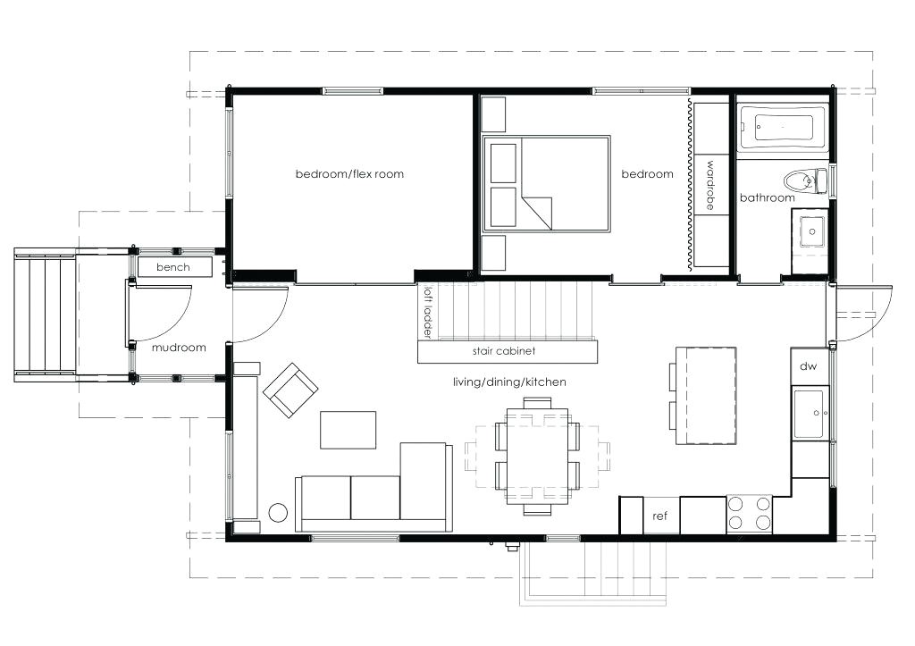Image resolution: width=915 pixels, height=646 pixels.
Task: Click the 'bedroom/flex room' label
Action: [x=349, y=173]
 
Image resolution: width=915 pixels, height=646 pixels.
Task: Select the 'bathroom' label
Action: [x=767, y=197]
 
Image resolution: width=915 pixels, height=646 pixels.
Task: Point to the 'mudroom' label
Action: [x=179, y=348]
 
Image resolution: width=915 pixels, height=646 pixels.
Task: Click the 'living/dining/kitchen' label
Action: [x=509, y=382]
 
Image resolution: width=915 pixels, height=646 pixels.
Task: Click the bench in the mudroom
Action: [x=174, y=267]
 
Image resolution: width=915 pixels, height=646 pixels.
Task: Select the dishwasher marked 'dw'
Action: [x=808, y=366]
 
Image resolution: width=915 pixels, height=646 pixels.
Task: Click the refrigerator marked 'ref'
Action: [x=660, y=516]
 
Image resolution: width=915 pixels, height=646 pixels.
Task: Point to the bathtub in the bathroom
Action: [x=780, y=128]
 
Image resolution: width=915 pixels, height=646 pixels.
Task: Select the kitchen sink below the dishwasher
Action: [x=810, y=414]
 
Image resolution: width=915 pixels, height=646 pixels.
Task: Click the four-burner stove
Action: [x=749, y=514]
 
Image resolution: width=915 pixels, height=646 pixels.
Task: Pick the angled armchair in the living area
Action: [x=290, y=390]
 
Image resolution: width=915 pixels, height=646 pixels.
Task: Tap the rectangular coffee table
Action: [x=348, y=430]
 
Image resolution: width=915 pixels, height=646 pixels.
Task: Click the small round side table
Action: [x=278, y=513]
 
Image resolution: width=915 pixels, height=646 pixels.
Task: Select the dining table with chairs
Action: [x=536, y=456]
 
